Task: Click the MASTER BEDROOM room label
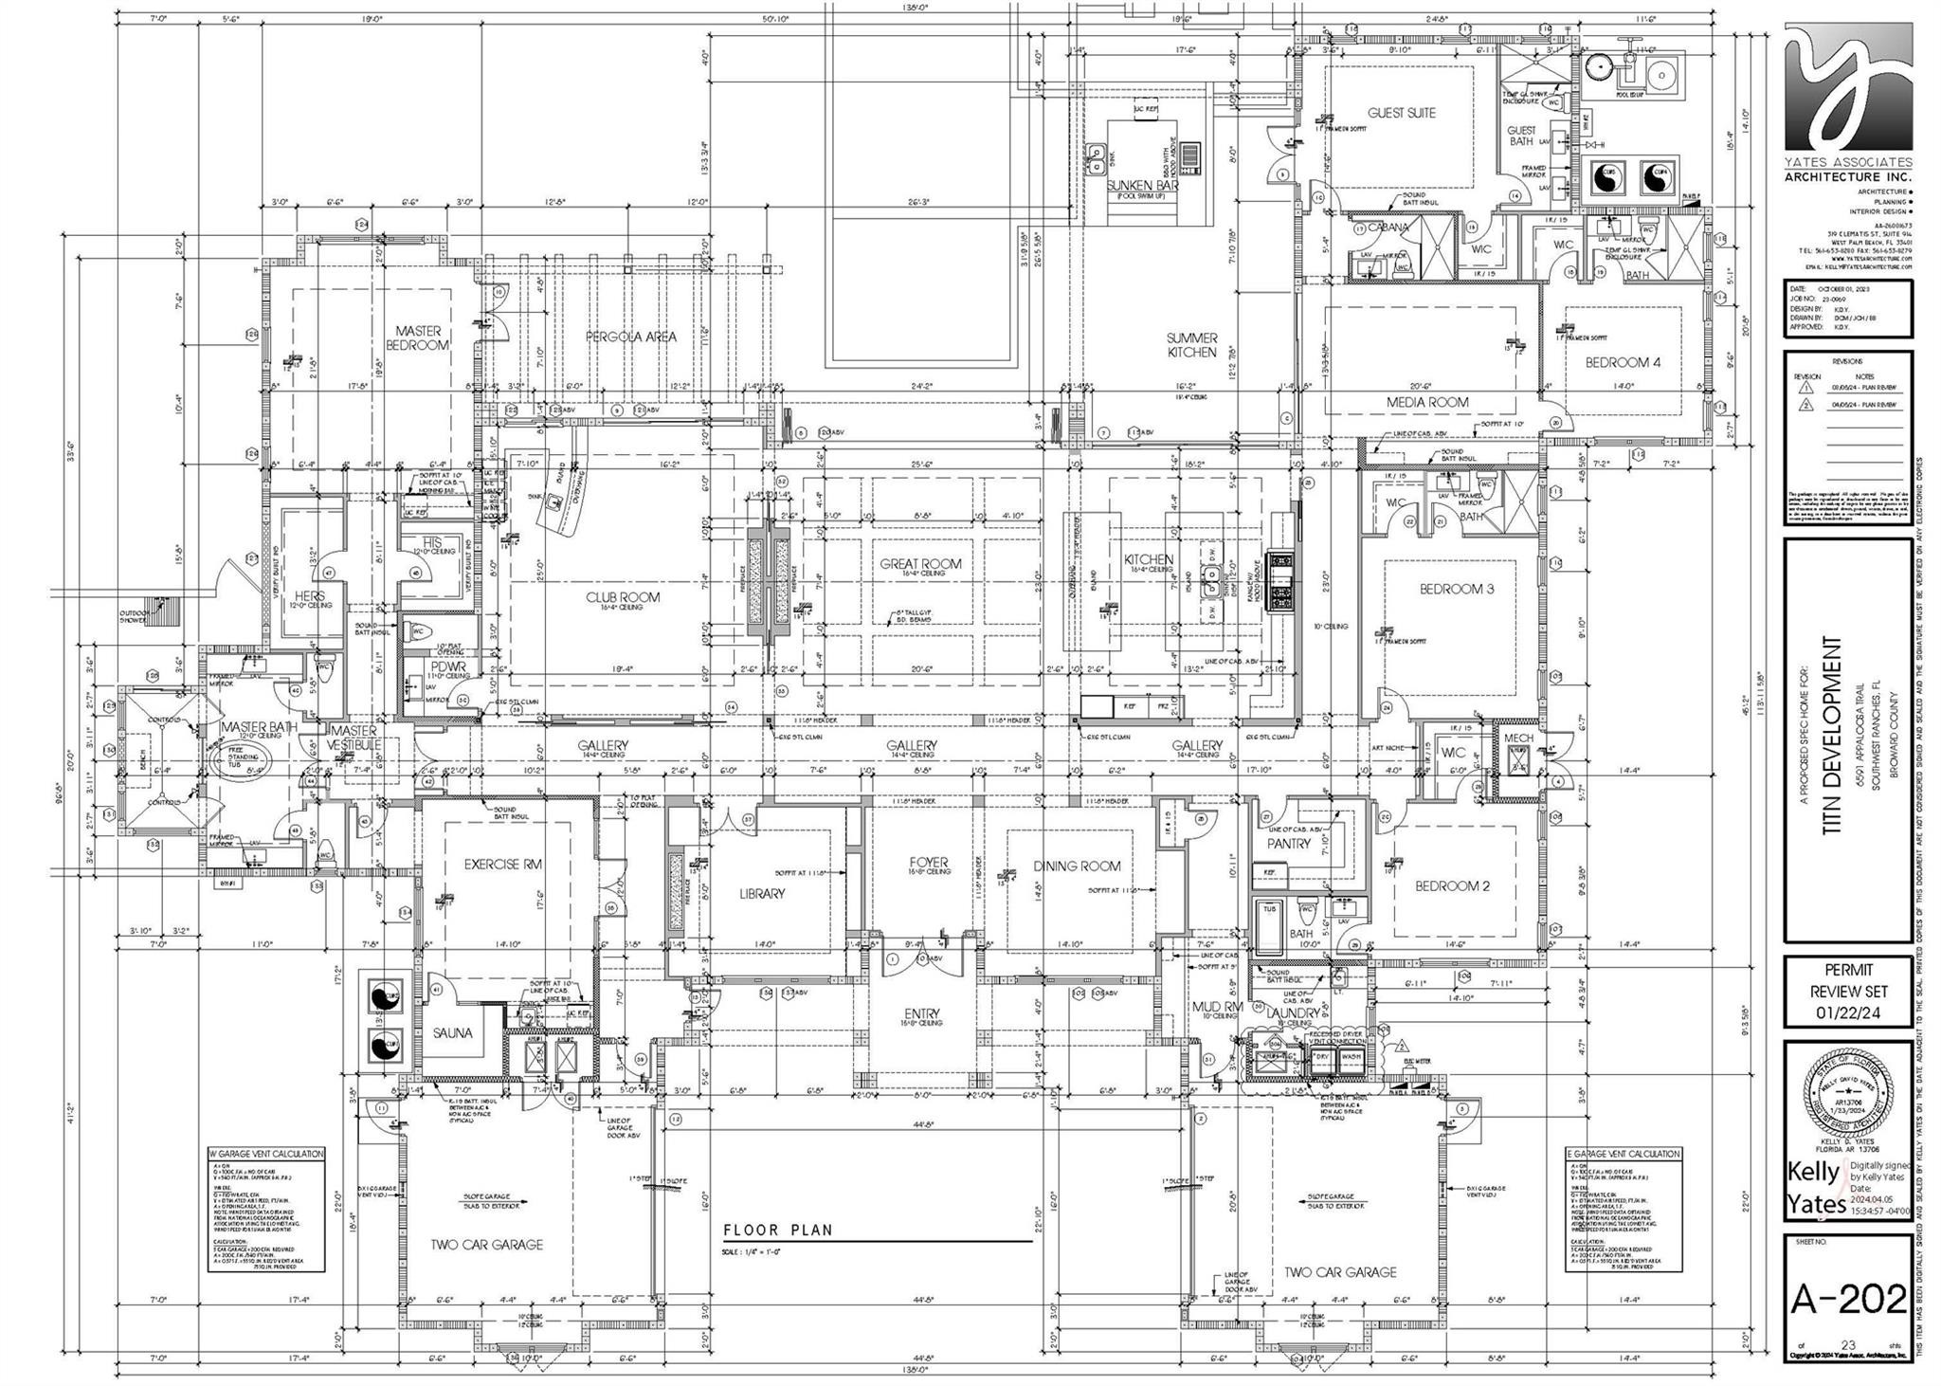[x=419, y=337]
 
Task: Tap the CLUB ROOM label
[x=623, y=597]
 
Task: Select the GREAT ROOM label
[x=919, y=563]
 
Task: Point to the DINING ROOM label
[x=1077, y=866]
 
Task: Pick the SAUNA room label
[x=453, y=1033]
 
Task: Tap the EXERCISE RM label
[x=503, y=864]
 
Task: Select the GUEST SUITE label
[x=1401, y=113]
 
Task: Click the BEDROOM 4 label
[x=1623, y=362]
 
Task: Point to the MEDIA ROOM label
[x=1427, y=402]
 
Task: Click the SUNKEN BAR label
[x=1142, y=186]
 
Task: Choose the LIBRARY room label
[x=762, y=893]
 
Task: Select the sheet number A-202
[x=1847, y=1299]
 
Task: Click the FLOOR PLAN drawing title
[x=777, y=1231]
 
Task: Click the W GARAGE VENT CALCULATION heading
[x=266, y=1154]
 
